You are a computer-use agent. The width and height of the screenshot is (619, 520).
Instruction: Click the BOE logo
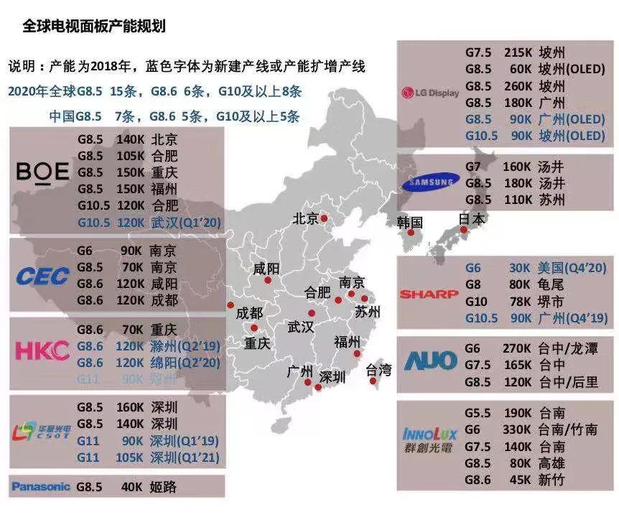pos(42,172)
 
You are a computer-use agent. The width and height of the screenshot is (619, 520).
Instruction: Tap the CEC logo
pos(42,276)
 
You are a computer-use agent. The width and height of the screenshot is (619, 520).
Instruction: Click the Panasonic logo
pos(41,486)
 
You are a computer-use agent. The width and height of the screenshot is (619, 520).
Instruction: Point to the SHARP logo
pos(429,294)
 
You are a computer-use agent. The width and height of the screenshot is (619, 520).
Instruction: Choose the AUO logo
pos(429,358)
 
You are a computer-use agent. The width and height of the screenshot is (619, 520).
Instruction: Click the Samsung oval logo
pos(429,183)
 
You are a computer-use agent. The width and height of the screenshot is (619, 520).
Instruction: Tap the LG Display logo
pos(430,93)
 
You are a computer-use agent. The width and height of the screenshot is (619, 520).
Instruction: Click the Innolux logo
pos(429,439)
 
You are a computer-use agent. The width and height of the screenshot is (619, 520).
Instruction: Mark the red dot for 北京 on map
pos(325,218)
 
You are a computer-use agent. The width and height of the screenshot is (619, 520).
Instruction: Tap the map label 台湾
pos(379,371)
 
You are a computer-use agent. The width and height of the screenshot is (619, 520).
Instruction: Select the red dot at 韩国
pos(411,233)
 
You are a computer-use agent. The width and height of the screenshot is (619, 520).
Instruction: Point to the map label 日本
pos(471,218)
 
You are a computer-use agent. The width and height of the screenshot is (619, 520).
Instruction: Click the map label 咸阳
pos(267,270)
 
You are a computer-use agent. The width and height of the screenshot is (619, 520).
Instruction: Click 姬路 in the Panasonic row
pos(164,487)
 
